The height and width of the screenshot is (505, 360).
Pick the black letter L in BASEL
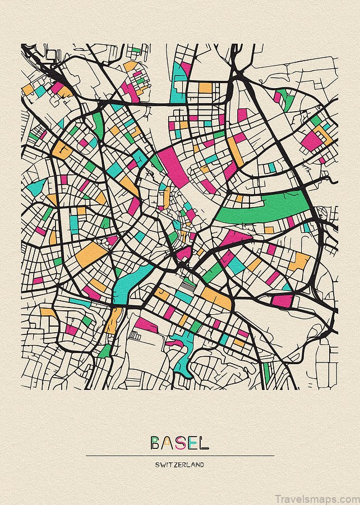click(204, 443)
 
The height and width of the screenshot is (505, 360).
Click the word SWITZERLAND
click(180, 465)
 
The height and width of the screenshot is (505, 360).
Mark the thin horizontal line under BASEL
click(180, 455)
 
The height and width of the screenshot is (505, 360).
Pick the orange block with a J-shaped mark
click(163, 293)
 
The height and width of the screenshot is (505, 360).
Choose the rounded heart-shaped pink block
click(184, 254)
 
